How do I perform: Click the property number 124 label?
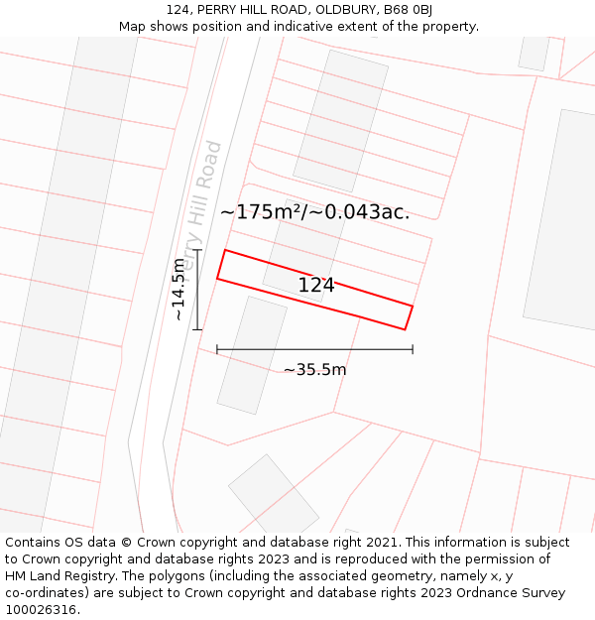pyautogui.click(x=316, y=286)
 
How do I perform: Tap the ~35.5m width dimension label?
pyautogui.click(x=314, y=370)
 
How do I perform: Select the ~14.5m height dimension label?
pyautogui.click(x=178, y=289)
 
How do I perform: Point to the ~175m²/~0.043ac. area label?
pyautogui.click(x=314, y=211)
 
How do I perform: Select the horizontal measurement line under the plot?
pyautogui.click(x=314, y=349)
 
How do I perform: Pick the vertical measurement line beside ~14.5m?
pyautogui.click(x=197, y=289)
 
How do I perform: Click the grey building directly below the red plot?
pyautogui.click(x=252, y=354)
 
